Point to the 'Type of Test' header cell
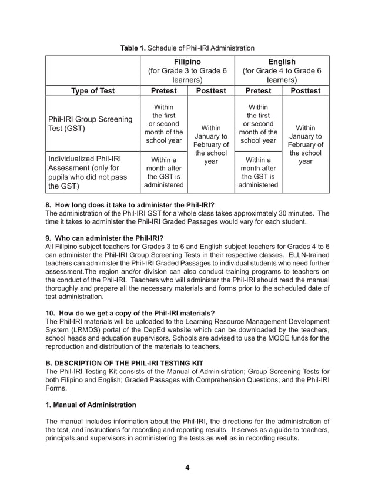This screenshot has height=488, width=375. click(93, 91)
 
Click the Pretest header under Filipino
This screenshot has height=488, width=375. click(163, 91)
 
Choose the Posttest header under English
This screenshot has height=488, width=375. click(305, 91)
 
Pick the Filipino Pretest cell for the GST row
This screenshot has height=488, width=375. click(163, 124)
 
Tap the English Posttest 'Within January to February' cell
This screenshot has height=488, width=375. click(305, 144)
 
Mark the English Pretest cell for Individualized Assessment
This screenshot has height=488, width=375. click(258, 173)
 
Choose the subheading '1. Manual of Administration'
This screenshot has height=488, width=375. click(91, 405)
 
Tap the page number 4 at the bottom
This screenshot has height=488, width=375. click(187, 467)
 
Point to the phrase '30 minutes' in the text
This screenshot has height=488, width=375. click(296, 213)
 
